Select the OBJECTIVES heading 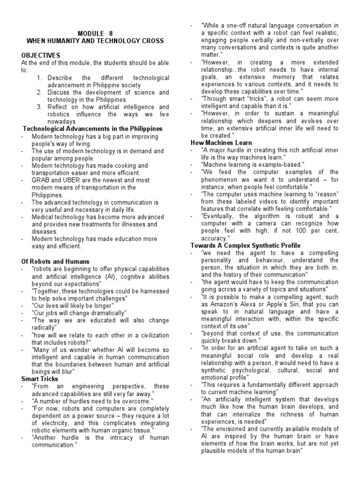[x=40, y=55]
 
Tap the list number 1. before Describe [x=40, y=78]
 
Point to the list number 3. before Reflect [x=40, y=107]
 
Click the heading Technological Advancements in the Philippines [x=93, y=128]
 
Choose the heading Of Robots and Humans [x=55, y=261]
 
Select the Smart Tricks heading [x=40, y=378]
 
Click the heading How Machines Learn [x=221, y=142]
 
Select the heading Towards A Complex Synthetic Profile [x=245, y=246]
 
